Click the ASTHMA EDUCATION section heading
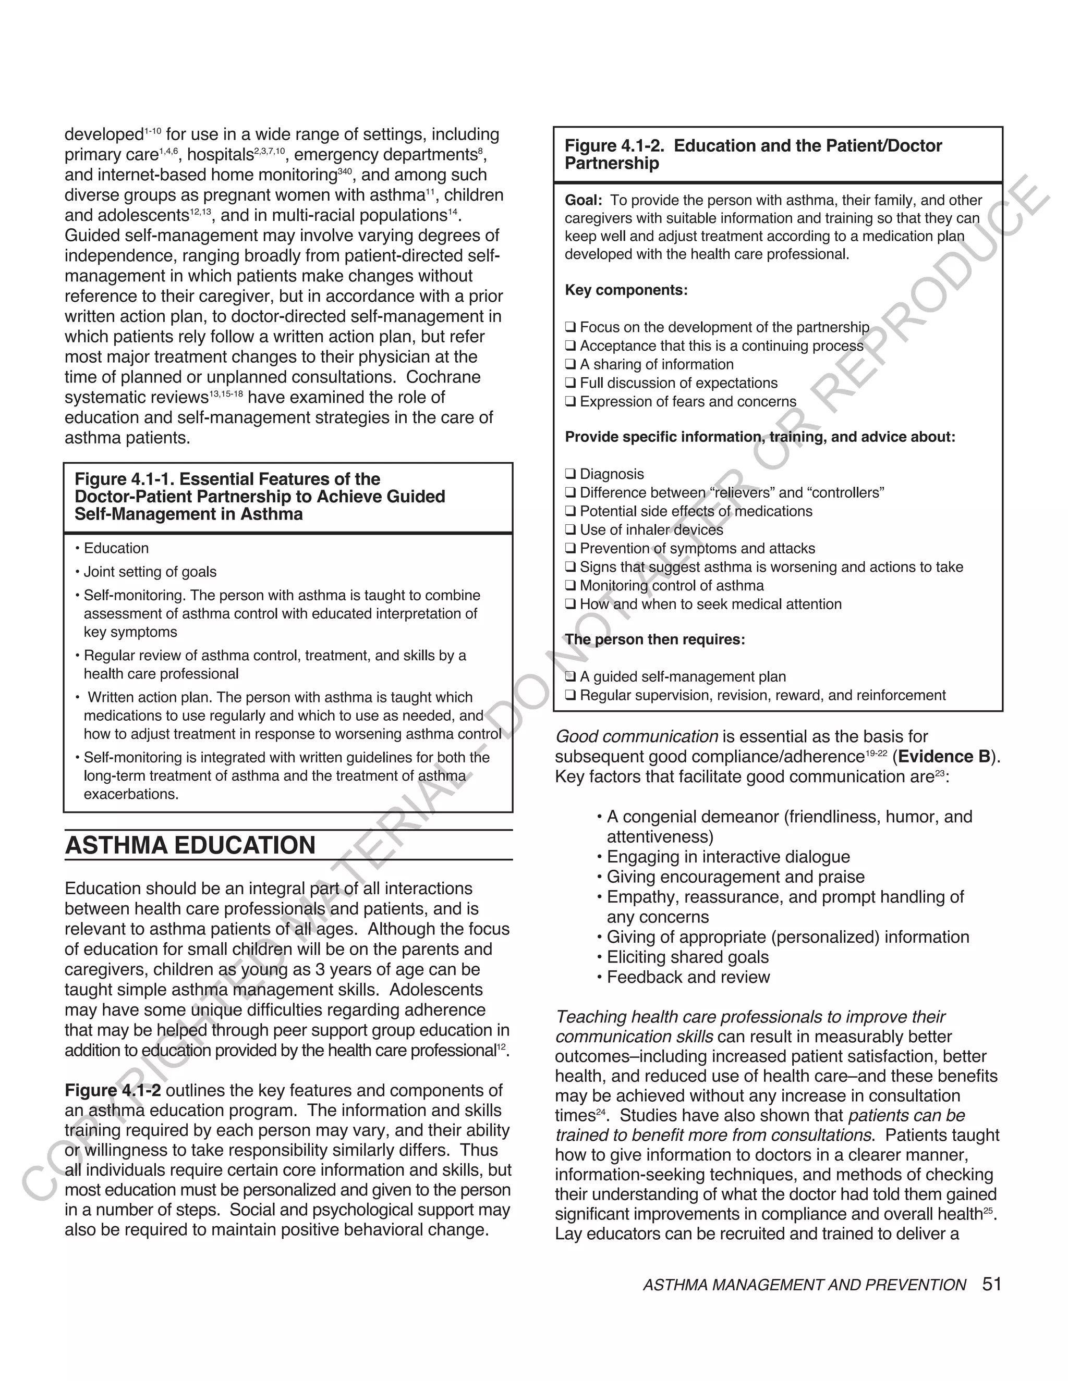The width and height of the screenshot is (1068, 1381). coord(190,845)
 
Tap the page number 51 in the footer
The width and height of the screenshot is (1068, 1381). coord(992,1284)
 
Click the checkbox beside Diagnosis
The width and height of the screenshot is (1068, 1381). coord(570,474)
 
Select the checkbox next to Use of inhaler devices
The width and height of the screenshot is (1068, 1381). coord(570,530)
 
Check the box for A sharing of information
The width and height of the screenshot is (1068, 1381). coord(570,365)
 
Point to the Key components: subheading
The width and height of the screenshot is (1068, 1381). coord(626,290)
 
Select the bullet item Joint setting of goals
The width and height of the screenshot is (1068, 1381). coord(150,572)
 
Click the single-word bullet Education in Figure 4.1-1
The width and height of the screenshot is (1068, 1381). coord(116,548)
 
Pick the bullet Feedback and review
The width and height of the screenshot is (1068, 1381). coord(688,977)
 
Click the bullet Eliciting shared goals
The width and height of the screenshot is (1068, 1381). coord(688,957)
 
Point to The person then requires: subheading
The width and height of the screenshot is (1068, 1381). coord(655,639)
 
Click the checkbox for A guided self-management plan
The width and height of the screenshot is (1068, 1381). coord(570,676)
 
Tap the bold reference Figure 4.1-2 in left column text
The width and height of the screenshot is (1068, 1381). coord(113,1091)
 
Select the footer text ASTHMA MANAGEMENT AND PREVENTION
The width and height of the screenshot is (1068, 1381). coord(804,1286)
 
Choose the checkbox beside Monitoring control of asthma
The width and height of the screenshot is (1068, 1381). coord(570,586)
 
